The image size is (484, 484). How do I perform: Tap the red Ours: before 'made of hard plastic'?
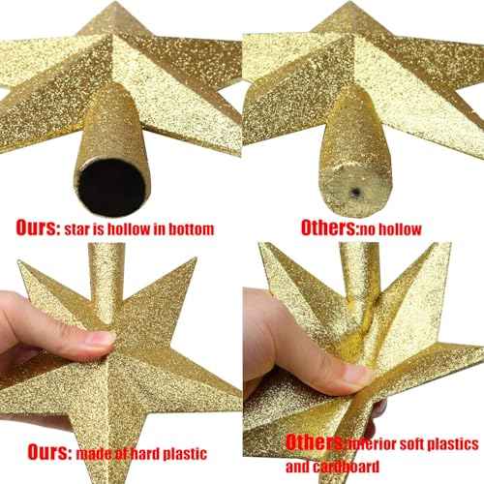coord(39,451)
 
